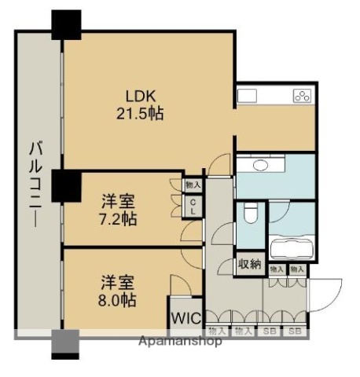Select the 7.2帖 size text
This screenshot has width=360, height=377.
point(119,218)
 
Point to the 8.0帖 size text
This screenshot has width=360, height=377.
point(118,299)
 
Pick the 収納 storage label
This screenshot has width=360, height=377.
point(250,264)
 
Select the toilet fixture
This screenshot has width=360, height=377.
point(251,213)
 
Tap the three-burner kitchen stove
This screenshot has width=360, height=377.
point(303,97)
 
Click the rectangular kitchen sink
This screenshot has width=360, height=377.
point(248,96)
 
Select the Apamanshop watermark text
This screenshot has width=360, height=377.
point(180,341)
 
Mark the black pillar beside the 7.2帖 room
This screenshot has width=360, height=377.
point(65,185)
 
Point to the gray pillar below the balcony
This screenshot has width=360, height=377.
point(65,343)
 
